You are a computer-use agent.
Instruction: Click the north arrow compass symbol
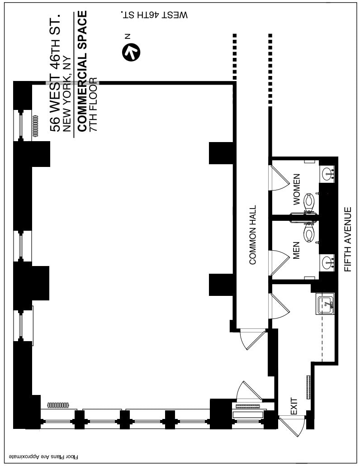click(x=131, y=52)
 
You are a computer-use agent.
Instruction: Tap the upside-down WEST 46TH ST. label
click(x=154, y=14)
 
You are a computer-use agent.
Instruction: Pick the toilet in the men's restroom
click(x=310, y=234)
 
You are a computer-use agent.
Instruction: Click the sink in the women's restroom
click(x=327, y=173)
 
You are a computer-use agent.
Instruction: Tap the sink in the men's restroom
click(x=327, y=262)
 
